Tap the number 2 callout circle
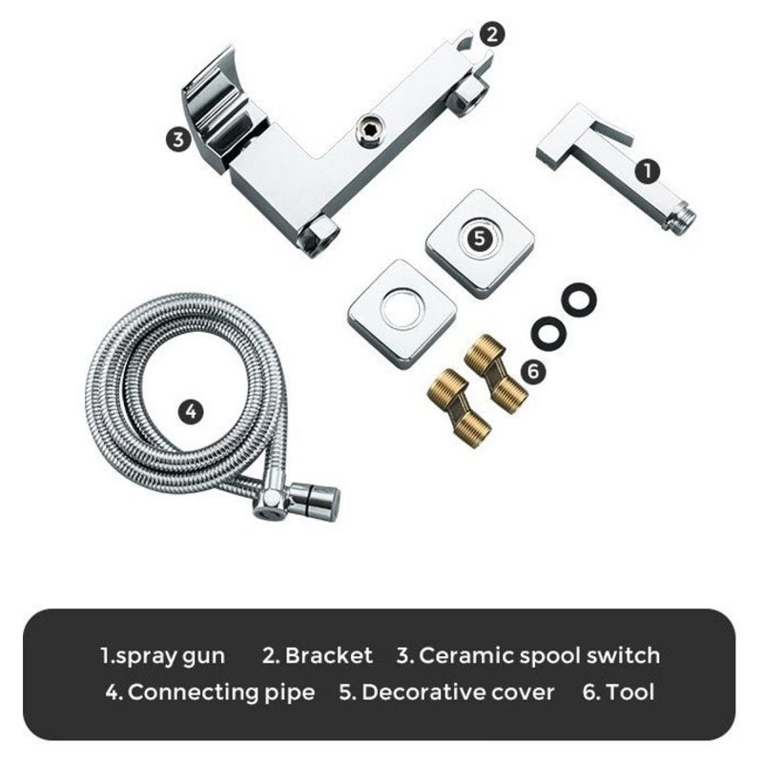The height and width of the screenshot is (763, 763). point(493,35)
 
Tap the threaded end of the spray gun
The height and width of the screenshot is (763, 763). point(682,222)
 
